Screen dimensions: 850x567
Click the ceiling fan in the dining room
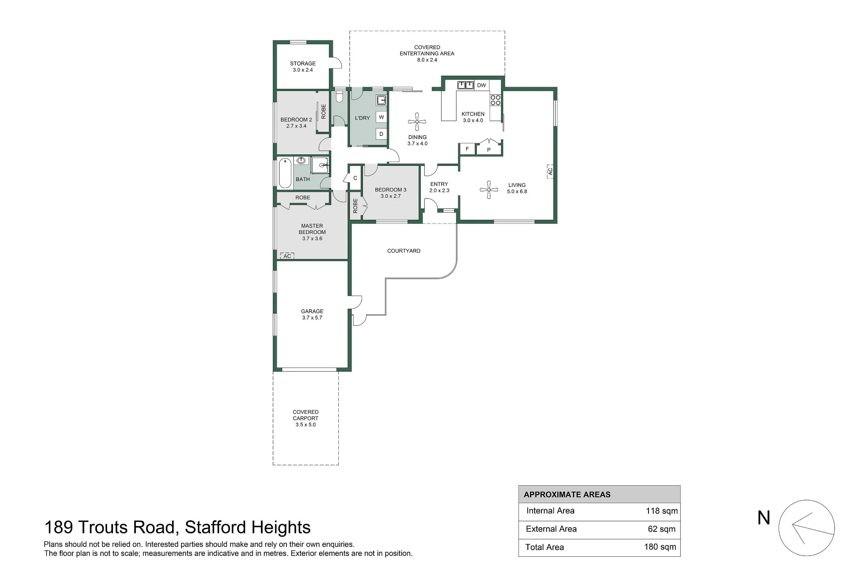pos(417,122)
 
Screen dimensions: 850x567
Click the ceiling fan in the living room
pos(489,190)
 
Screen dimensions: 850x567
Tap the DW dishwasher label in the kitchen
pos(481,85)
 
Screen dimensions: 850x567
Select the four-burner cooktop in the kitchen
pos(496,100)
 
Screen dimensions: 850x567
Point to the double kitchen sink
pos(465,85)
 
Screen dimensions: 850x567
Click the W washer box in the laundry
pos(381,117)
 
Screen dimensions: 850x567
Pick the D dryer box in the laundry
pos(381,134)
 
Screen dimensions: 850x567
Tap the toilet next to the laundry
pos(339,97)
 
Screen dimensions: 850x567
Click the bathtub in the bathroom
pos(285,173)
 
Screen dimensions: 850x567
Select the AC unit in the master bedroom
pos(287,256)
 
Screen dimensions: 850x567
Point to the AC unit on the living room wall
pos(550,171)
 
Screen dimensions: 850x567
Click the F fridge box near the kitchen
pos(467,149)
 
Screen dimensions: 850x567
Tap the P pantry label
pos(489,150)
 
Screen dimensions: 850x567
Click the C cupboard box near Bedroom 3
pos(355,178)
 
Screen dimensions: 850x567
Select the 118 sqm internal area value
pos(662,511)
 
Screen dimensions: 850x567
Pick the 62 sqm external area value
pos(662,529)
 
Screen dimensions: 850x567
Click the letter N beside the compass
pos(764,518)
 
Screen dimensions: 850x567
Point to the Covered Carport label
pos(306,415)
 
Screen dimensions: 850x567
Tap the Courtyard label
pos(404,251)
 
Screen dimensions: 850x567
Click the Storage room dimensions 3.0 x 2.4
pos(303,70)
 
